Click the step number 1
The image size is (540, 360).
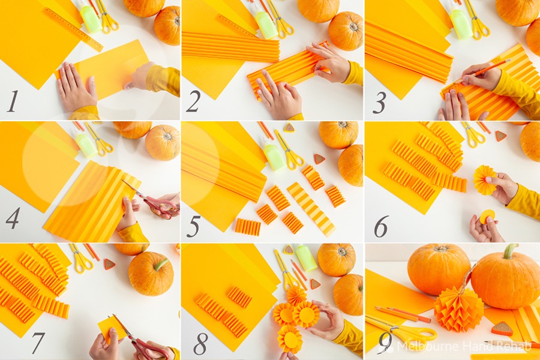point(13,101)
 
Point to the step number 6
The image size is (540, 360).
point(381,227)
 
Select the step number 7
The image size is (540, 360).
point(38,343)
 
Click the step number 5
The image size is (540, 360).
point(193,227)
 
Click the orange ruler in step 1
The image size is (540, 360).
point(73,29)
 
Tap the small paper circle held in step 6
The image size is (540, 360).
point(487,217)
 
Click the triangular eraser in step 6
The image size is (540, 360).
point(501,136)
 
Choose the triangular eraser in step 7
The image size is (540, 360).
point(109,264)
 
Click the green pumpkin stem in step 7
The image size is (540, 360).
point(160,264)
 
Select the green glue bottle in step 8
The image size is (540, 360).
point(305,257)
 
